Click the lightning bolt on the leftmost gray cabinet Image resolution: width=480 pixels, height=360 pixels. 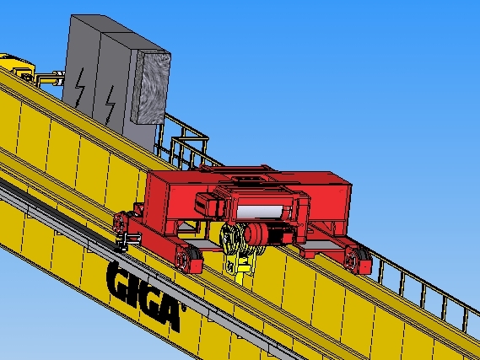pos(80,87)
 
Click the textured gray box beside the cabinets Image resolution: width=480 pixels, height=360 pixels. pos(151,87)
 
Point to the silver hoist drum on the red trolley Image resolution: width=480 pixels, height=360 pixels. pos(260,212)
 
